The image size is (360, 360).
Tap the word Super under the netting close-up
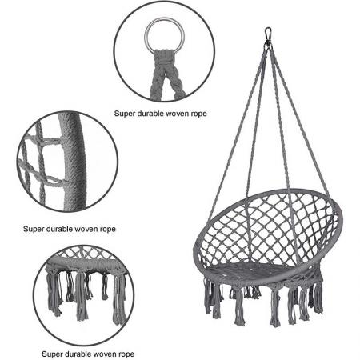[x=34, y=228]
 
